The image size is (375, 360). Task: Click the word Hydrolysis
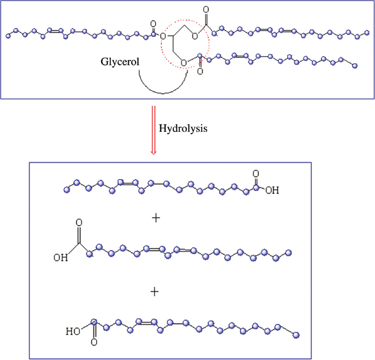[183, 128]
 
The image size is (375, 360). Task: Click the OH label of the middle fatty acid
[60, 257]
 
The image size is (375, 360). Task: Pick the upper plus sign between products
[156, 218]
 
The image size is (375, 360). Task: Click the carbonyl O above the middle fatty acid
[79, 223]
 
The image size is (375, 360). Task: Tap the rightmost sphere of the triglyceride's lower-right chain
[354, 66]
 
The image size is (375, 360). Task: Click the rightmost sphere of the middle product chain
[289, 252]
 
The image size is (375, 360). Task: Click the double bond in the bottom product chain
[146, 321]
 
